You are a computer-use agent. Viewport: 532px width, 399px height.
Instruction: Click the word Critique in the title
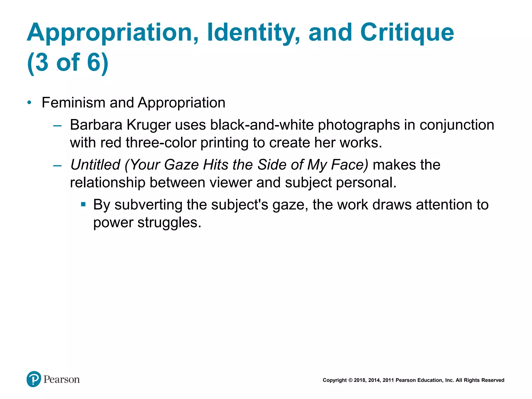[407, 32]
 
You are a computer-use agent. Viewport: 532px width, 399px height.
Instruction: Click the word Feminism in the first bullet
[74, 103]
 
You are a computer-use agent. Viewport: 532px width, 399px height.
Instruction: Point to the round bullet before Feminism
[29, 103]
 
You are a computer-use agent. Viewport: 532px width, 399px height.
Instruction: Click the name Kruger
[149, 125]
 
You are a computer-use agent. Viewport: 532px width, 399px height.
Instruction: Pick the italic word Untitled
[95, 165]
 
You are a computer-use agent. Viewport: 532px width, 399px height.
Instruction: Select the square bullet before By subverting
[83, 204]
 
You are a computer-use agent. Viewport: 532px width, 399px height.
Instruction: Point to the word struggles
[169, 223]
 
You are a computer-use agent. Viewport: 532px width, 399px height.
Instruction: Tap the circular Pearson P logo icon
[34, 379]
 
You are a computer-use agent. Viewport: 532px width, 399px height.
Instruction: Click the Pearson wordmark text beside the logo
[62, 380]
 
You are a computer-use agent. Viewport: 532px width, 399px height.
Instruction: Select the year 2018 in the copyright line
[359, 380]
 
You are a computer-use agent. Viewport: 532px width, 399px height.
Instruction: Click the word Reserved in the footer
[493, 380]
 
